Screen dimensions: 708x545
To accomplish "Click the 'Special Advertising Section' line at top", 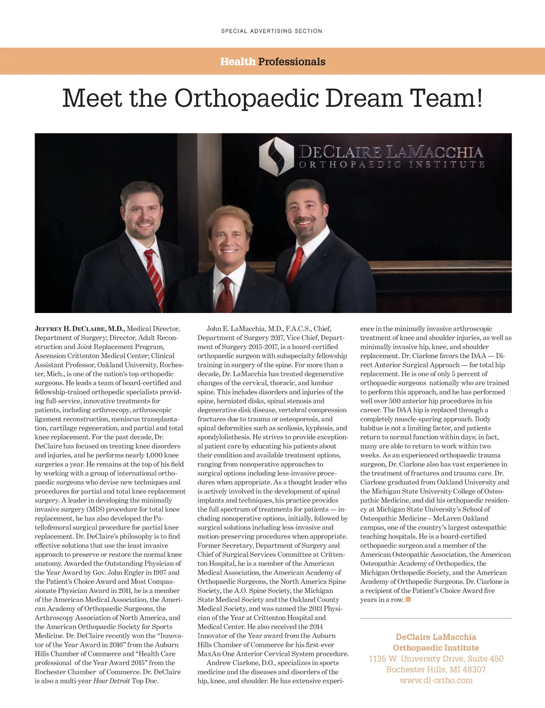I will [x=271, y=31].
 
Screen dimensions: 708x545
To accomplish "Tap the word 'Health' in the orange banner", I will [x=238, y=62].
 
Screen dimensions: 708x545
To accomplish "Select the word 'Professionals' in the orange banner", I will [x=292, y=62].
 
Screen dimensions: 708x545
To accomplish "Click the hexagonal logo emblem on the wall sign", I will [x=276, y=157].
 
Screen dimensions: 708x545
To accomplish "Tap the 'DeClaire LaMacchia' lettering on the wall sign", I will [x=391, y=152].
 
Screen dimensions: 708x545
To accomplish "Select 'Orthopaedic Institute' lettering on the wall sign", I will [x=392, y=164].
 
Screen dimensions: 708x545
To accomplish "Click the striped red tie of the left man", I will [x=155, y=277].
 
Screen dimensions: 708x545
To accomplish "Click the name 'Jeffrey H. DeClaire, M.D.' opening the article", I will [x=79, y=329].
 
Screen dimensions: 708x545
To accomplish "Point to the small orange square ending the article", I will [x=408, y=600].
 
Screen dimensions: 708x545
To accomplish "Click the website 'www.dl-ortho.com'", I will [x=436, y=680].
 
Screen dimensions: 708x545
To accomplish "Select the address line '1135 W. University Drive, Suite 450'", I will [x=436, y=659].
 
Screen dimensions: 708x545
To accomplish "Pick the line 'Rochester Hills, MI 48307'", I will [x=436, y=670].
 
